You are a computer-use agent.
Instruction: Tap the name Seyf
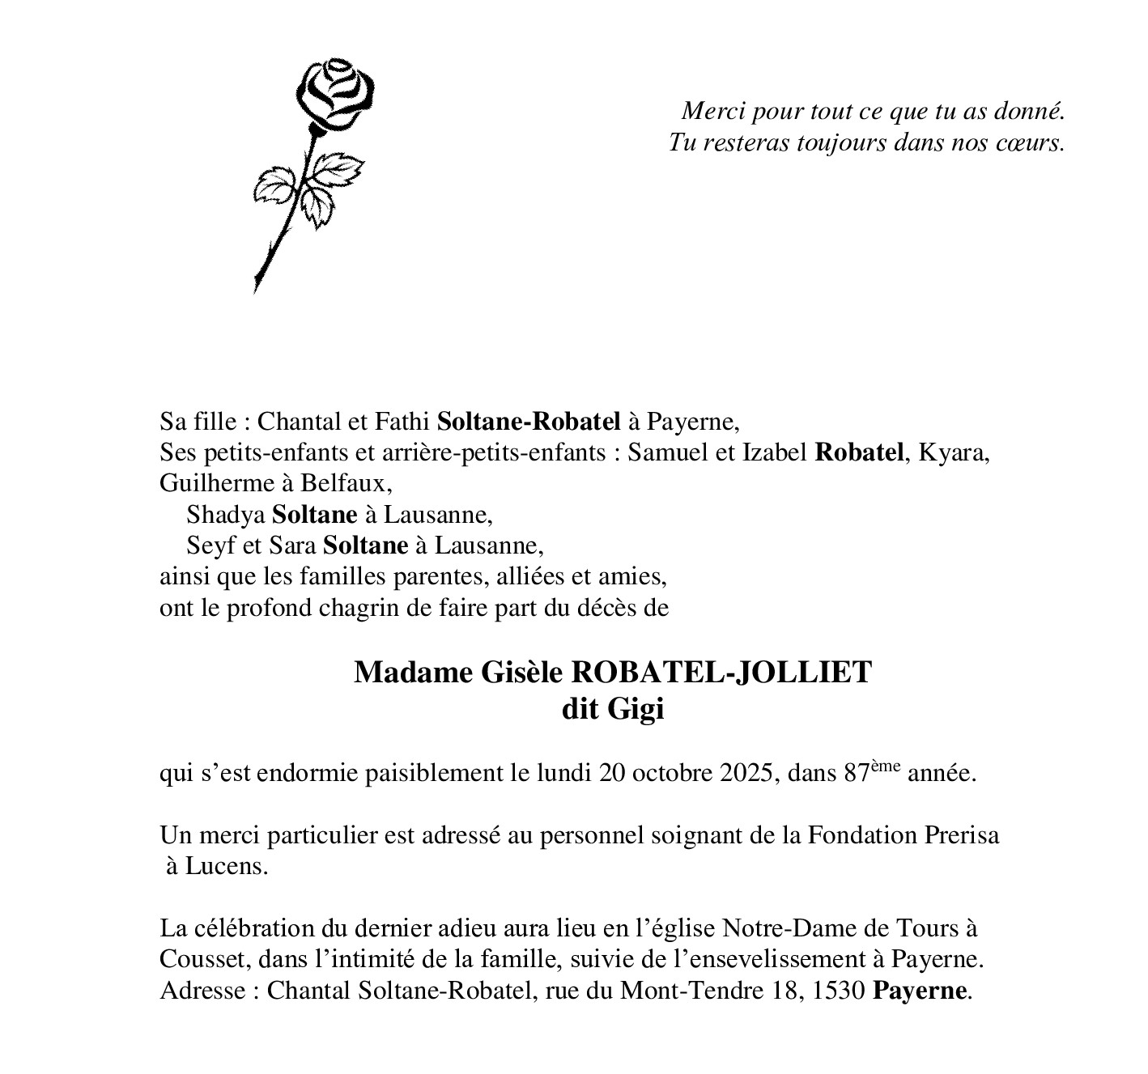coord(206,545)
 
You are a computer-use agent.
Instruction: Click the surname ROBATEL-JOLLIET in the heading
coord(722,673)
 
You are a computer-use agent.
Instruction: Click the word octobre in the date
coord(674,773)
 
